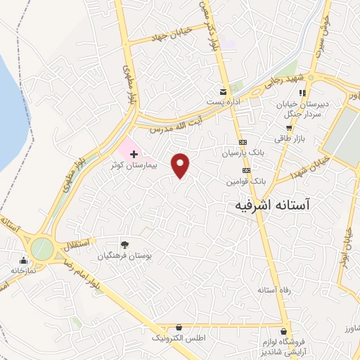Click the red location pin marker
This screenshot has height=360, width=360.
[181, 165]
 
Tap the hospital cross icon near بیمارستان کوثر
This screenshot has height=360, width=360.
[134, 152]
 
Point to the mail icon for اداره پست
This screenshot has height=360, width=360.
[224, 92]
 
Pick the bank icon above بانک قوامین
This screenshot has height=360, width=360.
[246, 169]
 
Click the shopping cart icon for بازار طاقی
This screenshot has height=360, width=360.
[288, 128]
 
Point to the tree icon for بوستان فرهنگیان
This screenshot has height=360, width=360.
[124, 245]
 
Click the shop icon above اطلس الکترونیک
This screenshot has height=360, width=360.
[180, 327]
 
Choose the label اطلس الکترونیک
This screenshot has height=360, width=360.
[180, 338]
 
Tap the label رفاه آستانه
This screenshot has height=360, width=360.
[271, 290]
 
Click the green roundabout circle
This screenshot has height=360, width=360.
[41, 248]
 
